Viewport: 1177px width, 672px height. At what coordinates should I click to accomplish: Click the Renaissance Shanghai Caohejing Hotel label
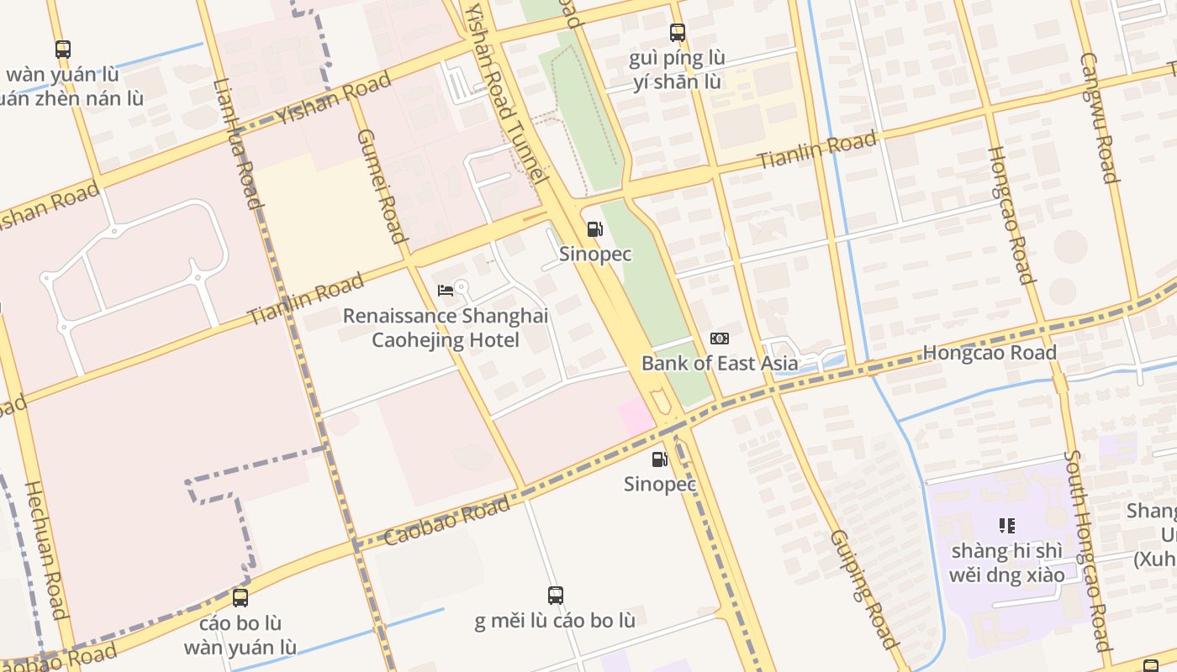(446, 328)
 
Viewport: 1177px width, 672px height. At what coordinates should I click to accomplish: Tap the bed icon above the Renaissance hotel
(446, 291)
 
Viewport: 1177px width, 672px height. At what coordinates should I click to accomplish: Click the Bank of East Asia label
(720, 364)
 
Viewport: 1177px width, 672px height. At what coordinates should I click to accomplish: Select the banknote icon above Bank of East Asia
(720, 339)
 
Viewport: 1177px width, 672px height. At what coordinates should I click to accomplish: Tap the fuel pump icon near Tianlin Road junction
(594, 228)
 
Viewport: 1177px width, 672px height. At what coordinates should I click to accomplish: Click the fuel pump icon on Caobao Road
(660, 459)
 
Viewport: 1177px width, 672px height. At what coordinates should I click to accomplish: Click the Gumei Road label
(383, 186)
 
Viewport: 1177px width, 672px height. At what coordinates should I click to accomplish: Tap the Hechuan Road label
(45, 549)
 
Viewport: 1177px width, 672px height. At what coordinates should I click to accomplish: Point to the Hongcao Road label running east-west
(990, 353)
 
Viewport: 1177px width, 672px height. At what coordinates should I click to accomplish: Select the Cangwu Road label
(1100, 118)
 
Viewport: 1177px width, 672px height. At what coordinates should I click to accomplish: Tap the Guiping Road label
(863, 589)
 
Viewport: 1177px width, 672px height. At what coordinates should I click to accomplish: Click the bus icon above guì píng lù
(678, 33)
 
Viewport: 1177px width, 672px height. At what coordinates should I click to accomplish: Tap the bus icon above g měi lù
(555, 596)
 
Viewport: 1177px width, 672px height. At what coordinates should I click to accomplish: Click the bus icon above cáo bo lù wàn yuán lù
(240, 598)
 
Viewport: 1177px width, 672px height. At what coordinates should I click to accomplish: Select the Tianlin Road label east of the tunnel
(817, 150)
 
